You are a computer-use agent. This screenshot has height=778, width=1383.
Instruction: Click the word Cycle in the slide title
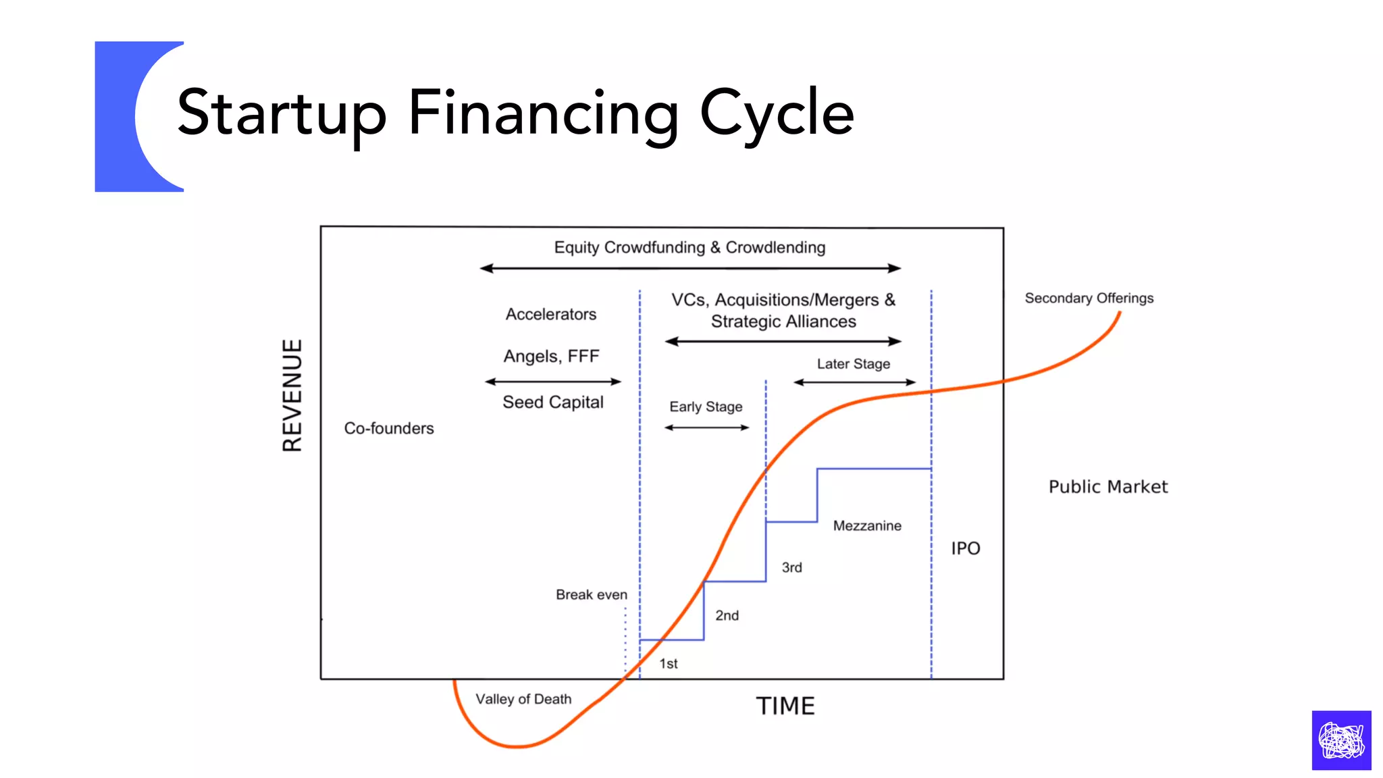pos(777,113)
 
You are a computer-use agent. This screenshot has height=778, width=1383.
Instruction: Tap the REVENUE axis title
pos(292,395)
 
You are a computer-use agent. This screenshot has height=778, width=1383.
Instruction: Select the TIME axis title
pos(785,706)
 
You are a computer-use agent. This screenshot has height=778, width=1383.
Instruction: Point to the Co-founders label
pos(389,428)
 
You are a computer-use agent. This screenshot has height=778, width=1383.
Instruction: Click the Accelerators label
pos(551,314)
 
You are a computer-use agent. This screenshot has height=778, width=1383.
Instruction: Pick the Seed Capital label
pos(553,403)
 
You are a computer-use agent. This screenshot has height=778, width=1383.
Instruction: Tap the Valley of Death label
pos(523,699)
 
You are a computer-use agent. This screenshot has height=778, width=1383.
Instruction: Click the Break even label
pos(592,594)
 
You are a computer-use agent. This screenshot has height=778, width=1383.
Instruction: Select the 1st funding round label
pos(669,663)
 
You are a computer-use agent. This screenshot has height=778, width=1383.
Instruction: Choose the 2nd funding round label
pos(727,615)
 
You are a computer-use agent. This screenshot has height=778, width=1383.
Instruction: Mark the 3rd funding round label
pos(792,567)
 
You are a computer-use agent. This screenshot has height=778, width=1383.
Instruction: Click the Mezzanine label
pos(867,525)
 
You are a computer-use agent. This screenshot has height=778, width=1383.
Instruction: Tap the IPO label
pos(966,548)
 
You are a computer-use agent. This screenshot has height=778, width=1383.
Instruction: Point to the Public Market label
pos(1108,487)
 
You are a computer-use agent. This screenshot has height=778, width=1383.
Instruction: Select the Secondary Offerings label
pos(1089,298)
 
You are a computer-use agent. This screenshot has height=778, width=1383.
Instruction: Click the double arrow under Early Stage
pos(707,427)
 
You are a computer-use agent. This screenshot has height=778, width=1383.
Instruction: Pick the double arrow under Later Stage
pos(854,382)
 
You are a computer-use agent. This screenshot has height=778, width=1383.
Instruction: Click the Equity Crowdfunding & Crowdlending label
pos(689,247)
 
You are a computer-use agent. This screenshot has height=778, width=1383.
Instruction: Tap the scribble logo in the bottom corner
pos(1341,740)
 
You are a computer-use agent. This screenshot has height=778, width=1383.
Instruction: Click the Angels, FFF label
pos(551,356)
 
